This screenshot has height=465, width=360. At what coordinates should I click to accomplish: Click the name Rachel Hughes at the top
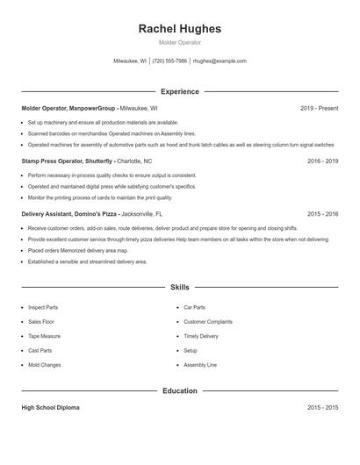pyautogui.click(x=180, y=29)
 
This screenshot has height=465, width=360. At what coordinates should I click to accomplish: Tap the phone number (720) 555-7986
pyautogui.click(x=170, y=61)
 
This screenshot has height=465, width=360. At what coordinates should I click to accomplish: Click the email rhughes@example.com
pyautogui.click(x=220, y=61)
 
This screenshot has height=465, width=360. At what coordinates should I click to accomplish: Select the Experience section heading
pyautogui.click(x=180, y=91)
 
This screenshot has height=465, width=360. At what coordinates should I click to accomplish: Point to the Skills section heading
pyautogui.click(x=180, y=287)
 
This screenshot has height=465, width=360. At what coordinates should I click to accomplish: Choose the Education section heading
pyautogui.click(x=180, y=390)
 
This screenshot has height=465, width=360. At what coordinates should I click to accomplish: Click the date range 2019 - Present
pyautogui.click(x=319, y=108)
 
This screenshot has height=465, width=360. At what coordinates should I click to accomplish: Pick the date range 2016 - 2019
pyautogui.click(x=322, y=161)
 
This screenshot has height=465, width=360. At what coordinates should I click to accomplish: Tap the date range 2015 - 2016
pyautogui.click(x=322, y=214)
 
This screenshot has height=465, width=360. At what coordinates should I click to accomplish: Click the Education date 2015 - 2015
pyautogui.click(x=322, y=408)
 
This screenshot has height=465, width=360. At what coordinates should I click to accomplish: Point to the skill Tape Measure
pyautogui.click(x=44, y=336)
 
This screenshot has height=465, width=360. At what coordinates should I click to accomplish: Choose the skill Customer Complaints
pyautogui.click(x=208, y=322)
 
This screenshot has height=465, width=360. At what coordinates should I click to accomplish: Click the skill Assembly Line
pyautogui.click(x=200, y=364)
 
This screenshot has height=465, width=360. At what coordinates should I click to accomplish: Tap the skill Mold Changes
pyautogui.click(x=44, y=364)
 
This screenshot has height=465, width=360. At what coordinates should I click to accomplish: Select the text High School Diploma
pyautogui.click(x=50, y=408)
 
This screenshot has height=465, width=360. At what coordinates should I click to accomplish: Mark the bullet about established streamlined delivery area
pyautogui.click(x=87, y=261)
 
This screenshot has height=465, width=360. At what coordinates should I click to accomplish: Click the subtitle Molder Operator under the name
pyautogui.click(x=180, y=42)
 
